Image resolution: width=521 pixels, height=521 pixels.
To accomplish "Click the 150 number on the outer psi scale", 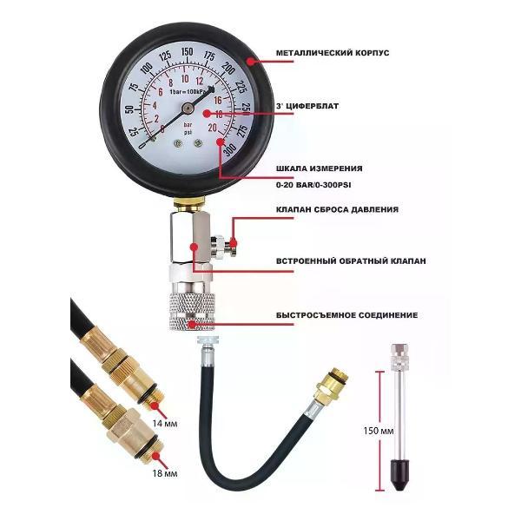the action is pyautogui.click(x=187, y=52).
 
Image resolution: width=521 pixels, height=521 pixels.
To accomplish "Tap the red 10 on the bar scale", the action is pyautogui.click(x=185, y=78).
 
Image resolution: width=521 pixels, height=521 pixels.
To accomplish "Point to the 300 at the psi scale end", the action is pyautogui.click(x=230, y=149).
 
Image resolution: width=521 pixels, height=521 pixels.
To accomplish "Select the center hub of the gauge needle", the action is pyautogui.click(x=188, y=108).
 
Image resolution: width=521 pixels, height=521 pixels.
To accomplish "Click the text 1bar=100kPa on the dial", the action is pyautogui.click(x=188, y=91).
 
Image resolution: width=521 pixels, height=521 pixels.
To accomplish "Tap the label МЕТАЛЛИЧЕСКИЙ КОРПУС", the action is pyautogui.click(x=333, y=53).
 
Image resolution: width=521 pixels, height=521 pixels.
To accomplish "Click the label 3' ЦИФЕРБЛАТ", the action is pyautogui.click(x=307, y=106).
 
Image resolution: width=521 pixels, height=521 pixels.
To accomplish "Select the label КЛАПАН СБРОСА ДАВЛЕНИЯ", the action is pyautogui.click(x=337, y=209).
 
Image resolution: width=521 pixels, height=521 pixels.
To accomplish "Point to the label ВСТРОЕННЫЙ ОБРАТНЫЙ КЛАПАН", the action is pyautogui.click(x=351, y=261).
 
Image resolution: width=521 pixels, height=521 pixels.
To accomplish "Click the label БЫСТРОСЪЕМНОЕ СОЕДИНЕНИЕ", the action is pyautogui.click(x=346, y=315).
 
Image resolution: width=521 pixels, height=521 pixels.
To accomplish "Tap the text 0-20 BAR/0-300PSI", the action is pyautogui.click(x=313, y=185).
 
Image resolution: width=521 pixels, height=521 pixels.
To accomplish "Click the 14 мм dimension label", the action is pyautogui.click(x=165, y=424).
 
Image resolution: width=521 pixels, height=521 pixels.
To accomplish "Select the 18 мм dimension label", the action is pyautogui.click(x=165, y=473).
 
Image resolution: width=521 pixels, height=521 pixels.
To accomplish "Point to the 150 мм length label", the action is pyautogui.click(x=379, y=431).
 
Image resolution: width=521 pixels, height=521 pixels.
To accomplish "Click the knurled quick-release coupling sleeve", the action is pyautogui.click(x=192, y=312).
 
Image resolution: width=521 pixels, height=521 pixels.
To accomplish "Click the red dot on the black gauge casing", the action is pyautogui.click(x=250, y=61).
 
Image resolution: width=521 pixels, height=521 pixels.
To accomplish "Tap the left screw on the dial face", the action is pyautogui.click(x=178, y=143).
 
